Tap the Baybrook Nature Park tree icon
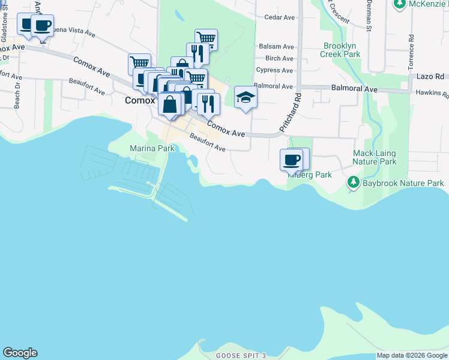[x=354, y=182]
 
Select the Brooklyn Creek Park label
[x=342, y=50]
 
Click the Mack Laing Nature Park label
[x=375, y=158]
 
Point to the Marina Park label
[x=148, y=148]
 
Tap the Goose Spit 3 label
[x=241, y=356]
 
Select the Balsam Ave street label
[x=276, y=46]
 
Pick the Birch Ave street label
[x=279, y=58]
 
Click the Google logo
[x=20, y=353]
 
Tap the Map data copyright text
[x=412, y=356]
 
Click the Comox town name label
[x=140, y=101]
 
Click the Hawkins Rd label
[x=435, y=94]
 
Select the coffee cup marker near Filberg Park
[x=292, y=160]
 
